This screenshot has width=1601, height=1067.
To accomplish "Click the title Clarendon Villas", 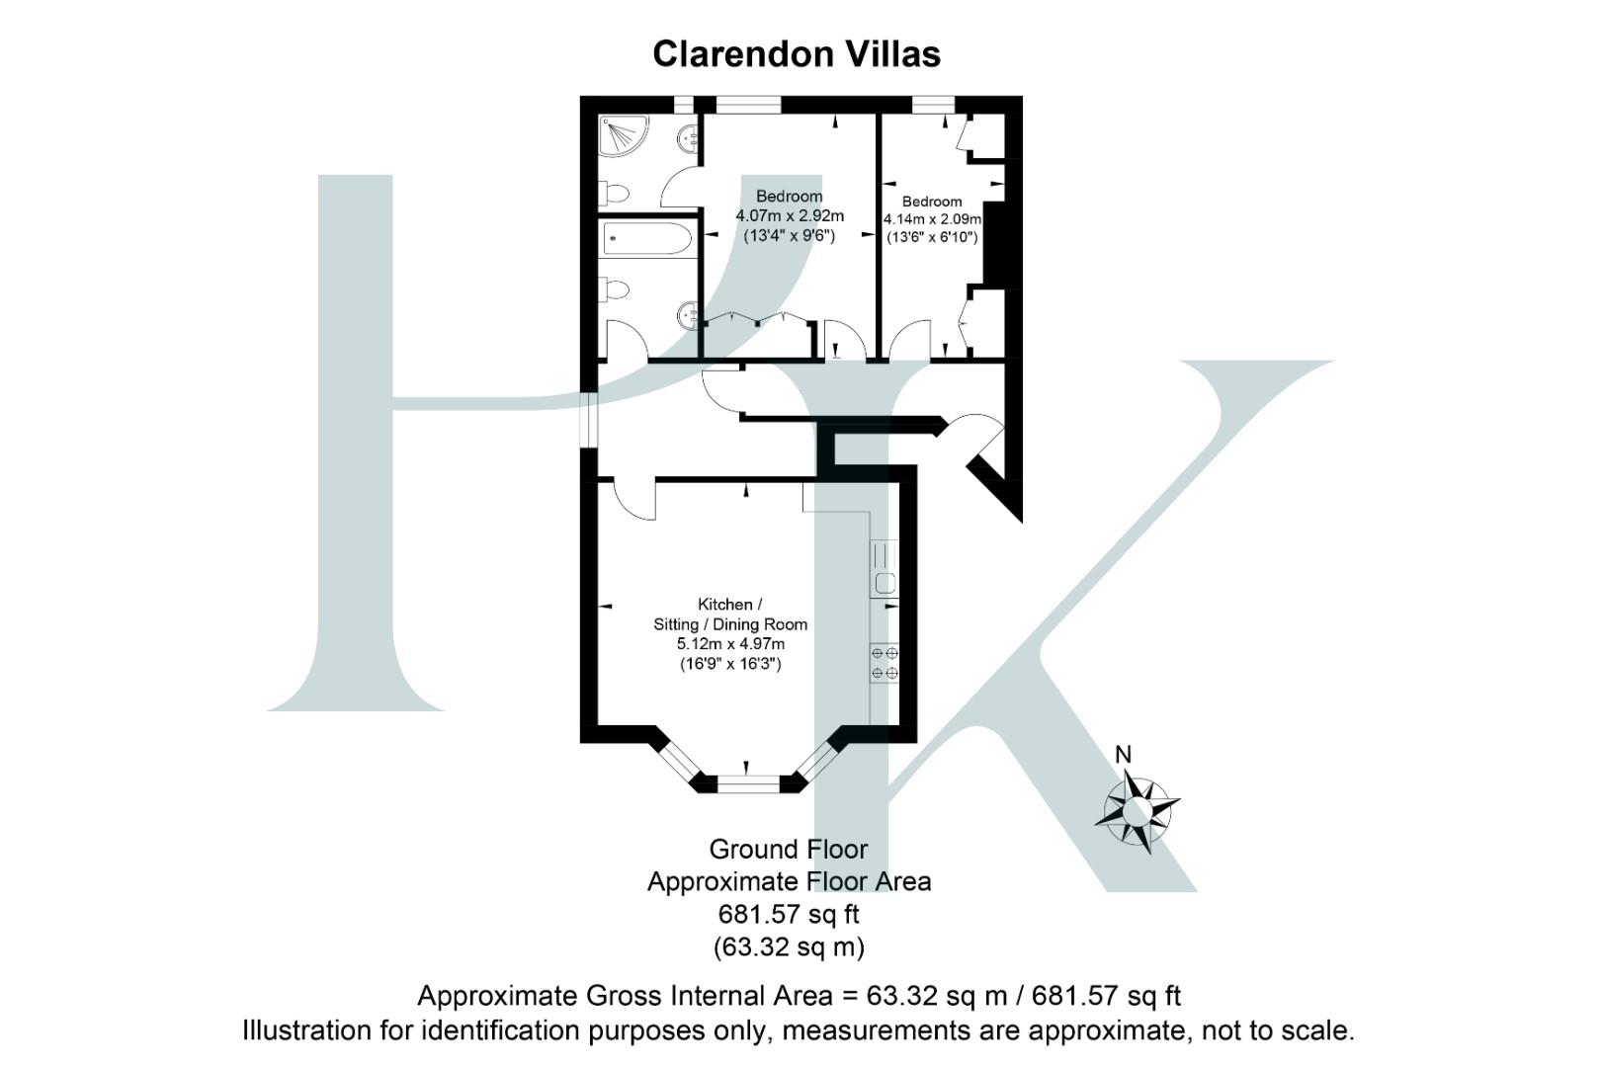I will click(x=796, y=54).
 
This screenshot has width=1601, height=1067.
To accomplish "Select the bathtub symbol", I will click(x=647, y=238).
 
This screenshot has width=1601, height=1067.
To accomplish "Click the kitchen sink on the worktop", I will click(x=885, y=583).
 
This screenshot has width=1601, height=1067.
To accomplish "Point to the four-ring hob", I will click(x=885, y=663).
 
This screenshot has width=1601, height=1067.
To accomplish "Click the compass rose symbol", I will click(x=1137, y=813).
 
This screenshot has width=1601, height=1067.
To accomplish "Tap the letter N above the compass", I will click(x=1123, y=755).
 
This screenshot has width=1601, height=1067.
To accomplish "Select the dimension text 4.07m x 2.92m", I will click(x=789, y=216).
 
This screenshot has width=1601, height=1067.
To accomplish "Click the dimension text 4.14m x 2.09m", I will click(x=932, y=219).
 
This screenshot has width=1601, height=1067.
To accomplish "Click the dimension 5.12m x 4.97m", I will click(x=729, y=644).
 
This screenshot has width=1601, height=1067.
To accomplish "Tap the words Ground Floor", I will click(x=788, y=850).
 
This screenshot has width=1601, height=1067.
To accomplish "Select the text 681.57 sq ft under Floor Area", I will click(x=788, y=914).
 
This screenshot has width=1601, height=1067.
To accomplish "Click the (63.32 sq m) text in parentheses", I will click(x=788, y=947).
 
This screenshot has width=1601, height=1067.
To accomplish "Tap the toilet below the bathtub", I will click(x=617, y=290).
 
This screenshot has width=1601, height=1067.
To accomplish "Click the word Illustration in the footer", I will click(x=307, y=1030).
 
